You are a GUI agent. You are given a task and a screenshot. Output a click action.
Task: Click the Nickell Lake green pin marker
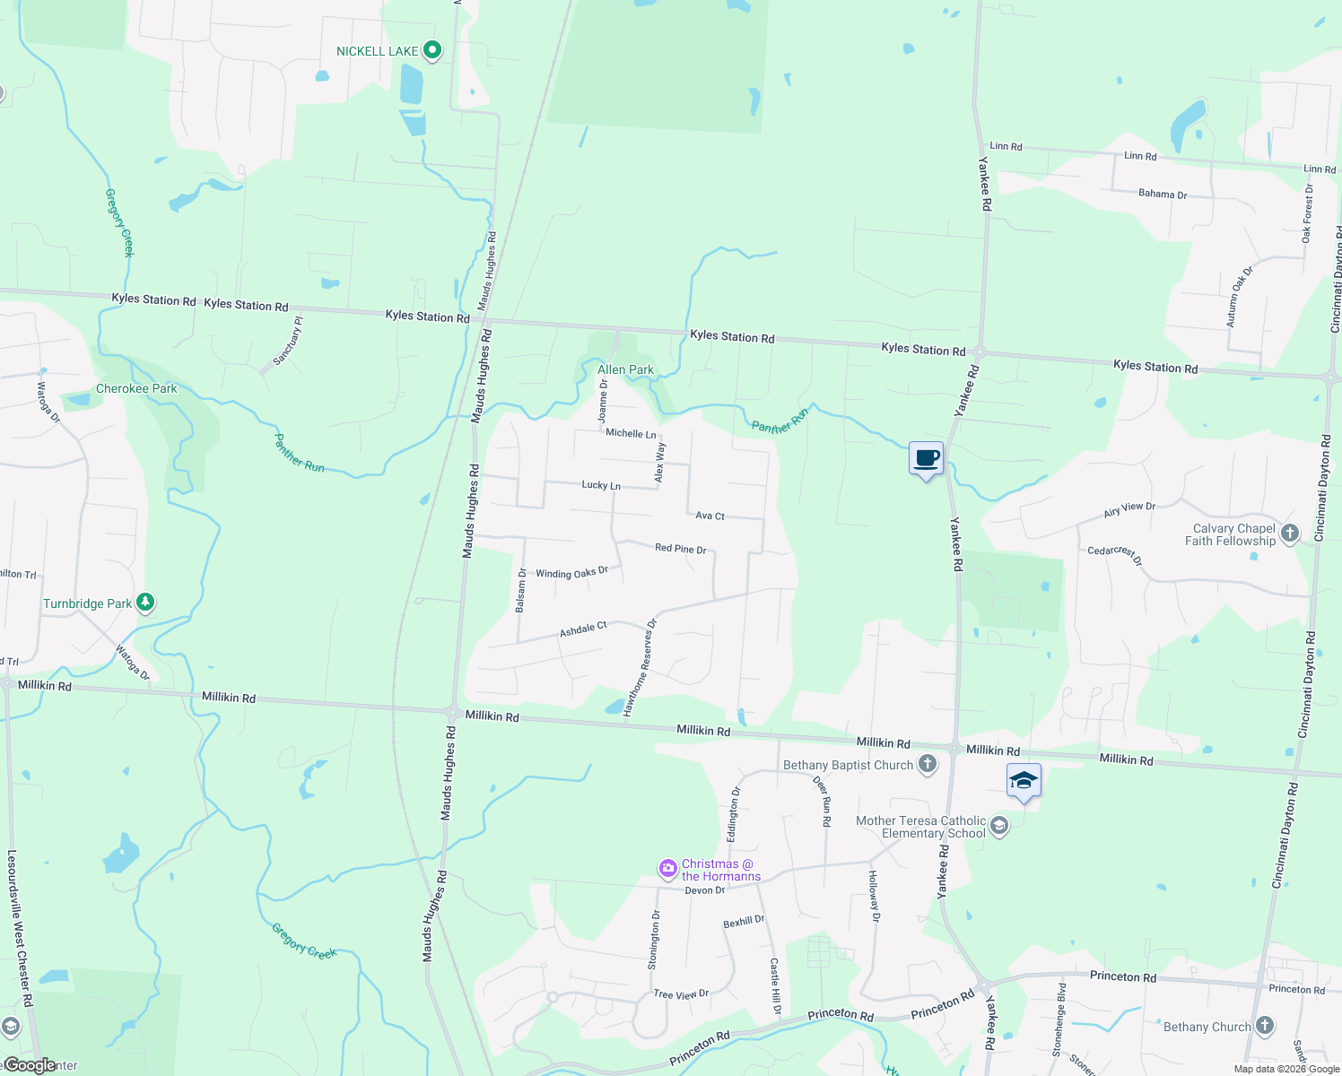point(432,50)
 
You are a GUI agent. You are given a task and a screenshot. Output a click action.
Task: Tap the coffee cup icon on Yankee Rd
point(927,459)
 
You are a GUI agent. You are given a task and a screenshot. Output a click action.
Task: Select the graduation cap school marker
point(1024,781)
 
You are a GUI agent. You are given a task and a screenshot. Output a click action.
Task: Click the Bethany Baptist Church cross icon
point(928,765)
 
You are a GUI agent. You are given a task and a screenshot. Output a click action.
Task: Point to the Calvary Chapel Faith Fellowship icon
point(1290,534)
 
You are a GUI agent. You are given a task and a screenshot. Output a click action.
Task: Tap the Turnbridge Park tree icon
point(145,603)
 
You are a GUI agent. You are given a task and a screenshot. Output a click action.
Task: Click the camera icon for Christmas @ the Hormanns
point(667,868)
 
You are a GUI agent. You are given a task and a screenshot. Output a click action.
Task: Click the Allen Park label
point(625,369)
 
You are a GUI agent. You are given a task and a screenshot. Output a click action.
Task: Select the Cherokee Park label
point(136,388)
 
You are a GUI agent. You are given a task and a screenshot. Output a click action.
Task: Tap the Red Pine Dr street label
point(680,549)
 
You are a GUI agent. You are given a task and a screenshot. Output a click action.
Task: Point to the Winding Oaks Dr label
point(571,573)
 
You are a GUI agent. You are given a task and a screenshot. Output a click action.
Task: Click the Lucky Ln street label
point(601,485)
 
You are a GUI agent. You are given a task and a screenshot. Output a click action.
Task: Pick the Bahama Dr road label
point(1162,194)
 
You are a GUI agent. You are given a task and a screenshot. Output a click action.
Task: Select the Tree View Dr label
point(681,994)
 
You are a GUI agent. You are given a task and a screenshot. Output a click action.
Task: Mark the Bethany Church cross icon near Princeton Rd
point(1264,1025)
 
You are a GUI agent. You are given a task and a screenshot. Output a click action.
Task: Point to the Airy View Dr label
point(1128,509)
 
